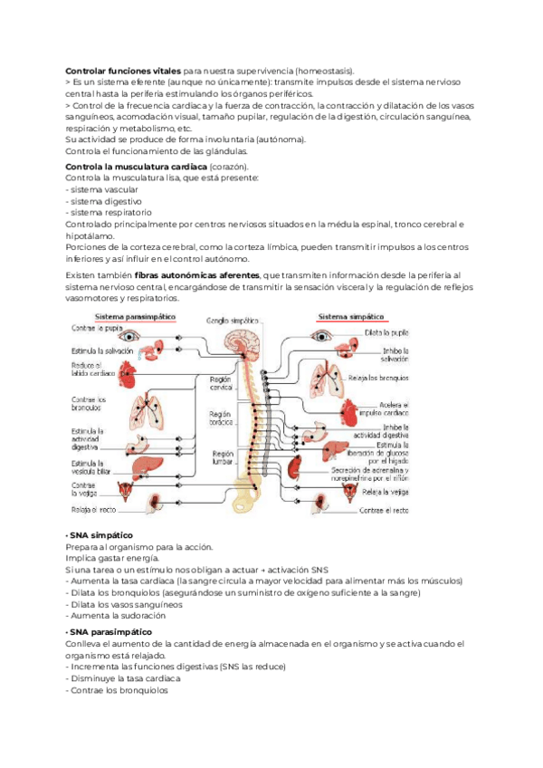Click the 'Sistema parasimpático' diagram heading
point(135,316)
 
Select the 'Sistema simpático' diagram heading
point(351,316)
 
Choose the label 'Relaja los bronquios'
point(384,378)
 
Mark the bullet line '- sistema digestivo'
point(102,201)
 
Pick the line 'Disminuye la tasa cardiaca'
point(124,678)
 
